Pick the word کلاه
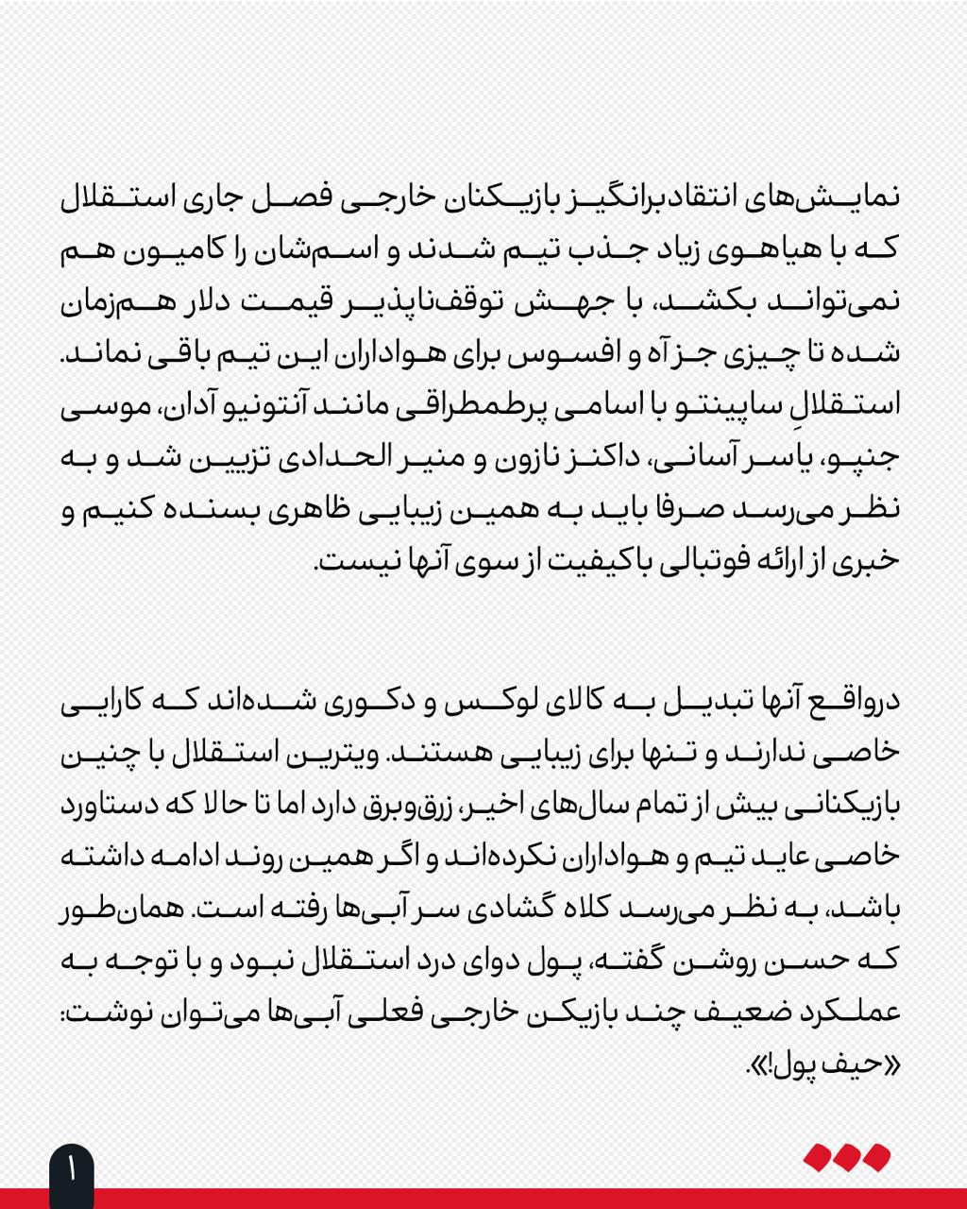tap(514, 910)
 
